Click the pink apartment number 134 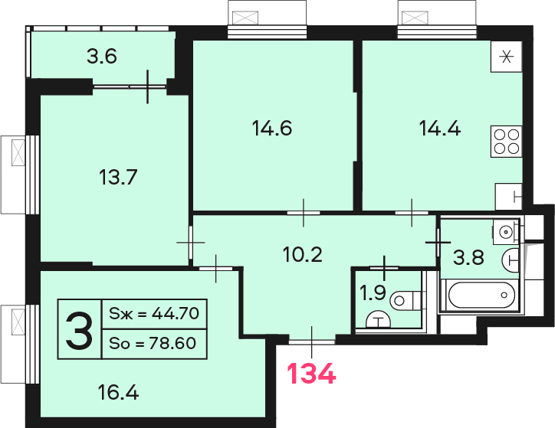coord(311,374)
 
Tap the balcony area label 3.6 coord(102,57)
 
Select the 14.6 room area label coord(272,129)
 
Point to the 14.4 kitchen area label coord(439,129)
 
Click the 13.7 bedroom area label coord(118,177)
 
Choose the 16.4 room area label coord(118,393)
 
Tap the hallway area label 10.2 coord(303,254)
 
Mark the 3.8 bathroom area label coord(468,257)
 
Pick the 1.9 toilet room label coord(373,292)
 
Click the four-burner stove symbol coord(507,142)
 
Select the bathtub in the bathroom coord(481,295)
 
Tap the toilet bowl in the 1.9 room coord(406,301)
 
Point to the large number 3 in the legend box coord(79,329)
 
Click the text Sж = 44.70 coord(154,313)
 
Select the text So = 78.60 coord(153,343)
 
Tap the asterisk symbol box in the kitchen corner coord(507,57)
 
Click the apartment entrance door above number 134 coord(312,341)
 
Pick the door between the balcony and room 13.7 coord(148,87)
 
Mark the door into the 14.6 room coord(304,213)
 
